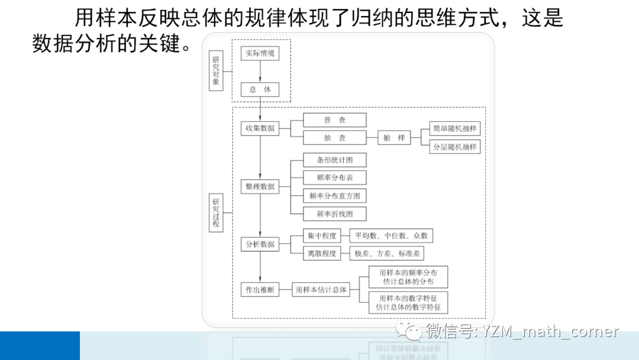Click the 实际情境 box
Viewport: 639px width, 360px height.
coord(260,53)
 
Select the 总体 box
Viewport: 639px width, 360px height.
coord(260,89)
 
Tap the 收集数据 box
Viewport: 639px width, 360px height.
coord(260,128)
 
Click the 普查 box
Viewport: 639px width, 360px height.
coord(334,120)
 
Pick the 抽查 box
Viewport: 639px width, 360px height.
coord(334,138)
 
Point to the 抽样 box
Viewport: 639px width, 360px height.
coord(394,138)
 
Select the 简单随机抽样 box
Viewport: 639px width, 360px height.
coord(455,128)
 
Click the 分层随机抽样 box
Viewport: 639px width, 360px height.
coord(455,146)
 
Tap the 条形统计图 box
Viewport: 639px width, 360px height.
coord(334,160)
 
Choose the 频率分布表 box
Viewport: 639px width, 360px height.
coord(334,178)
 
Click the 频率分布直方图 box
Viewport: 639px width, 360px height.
coord(334,195)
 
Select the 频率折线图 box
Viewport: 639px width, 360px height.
coord(334,214)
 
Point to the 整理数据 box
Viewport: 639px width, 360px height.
coord(260,187)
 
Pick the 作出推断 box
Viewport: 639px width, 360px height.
coord(260,290)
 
